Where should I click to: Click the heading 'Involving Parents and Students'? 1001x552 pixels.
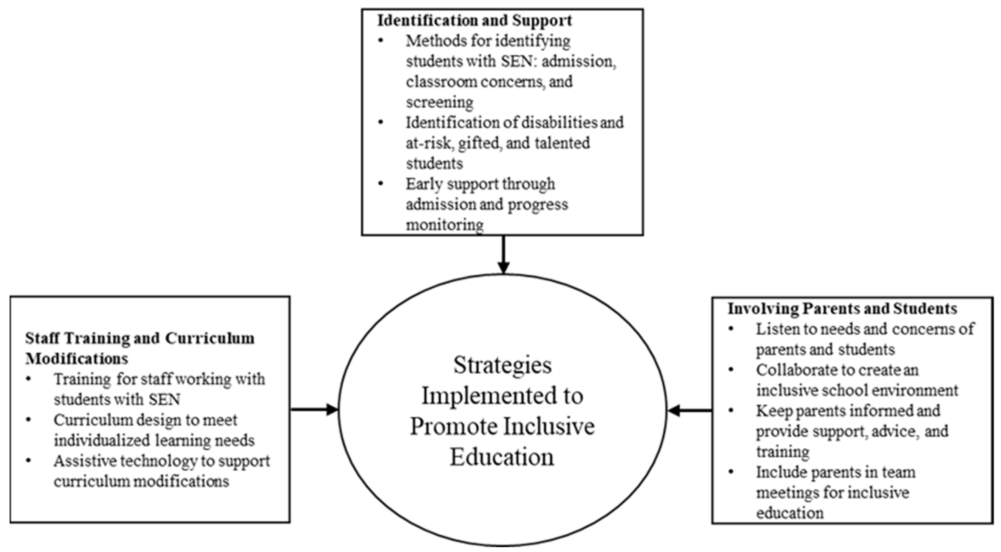[x=842, y=309]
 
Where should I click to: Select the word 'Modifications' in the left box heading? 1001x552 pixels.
[x=76, y=358]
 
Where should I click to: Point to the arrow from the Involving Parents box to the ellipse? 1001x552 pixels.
[x=690, y=410]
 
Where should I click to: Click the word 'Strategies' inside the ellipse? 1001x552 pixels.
[x=502, y=365]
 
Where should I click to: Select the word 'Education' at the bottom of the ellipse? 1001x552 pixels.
[x=502, y=457]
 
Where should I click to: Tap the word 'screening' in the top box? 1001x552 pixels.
[x=439, y=102]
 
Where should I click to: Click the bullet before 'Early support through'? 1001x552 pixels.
[x=380, y=184]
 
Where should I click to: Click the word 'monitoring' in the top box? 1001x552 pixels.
[x=445, y=225]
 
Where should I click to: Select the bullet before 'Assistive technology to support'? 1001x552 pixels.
[x=28, y=461]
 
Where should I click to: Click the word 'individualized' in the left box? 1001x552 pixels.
[x=101, y=440]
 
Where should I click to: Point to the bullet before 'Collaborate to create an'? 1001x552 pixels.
[x=731, y=370]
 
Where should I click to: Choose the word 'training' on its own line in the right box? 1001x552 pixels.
[x=782, y=452]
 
